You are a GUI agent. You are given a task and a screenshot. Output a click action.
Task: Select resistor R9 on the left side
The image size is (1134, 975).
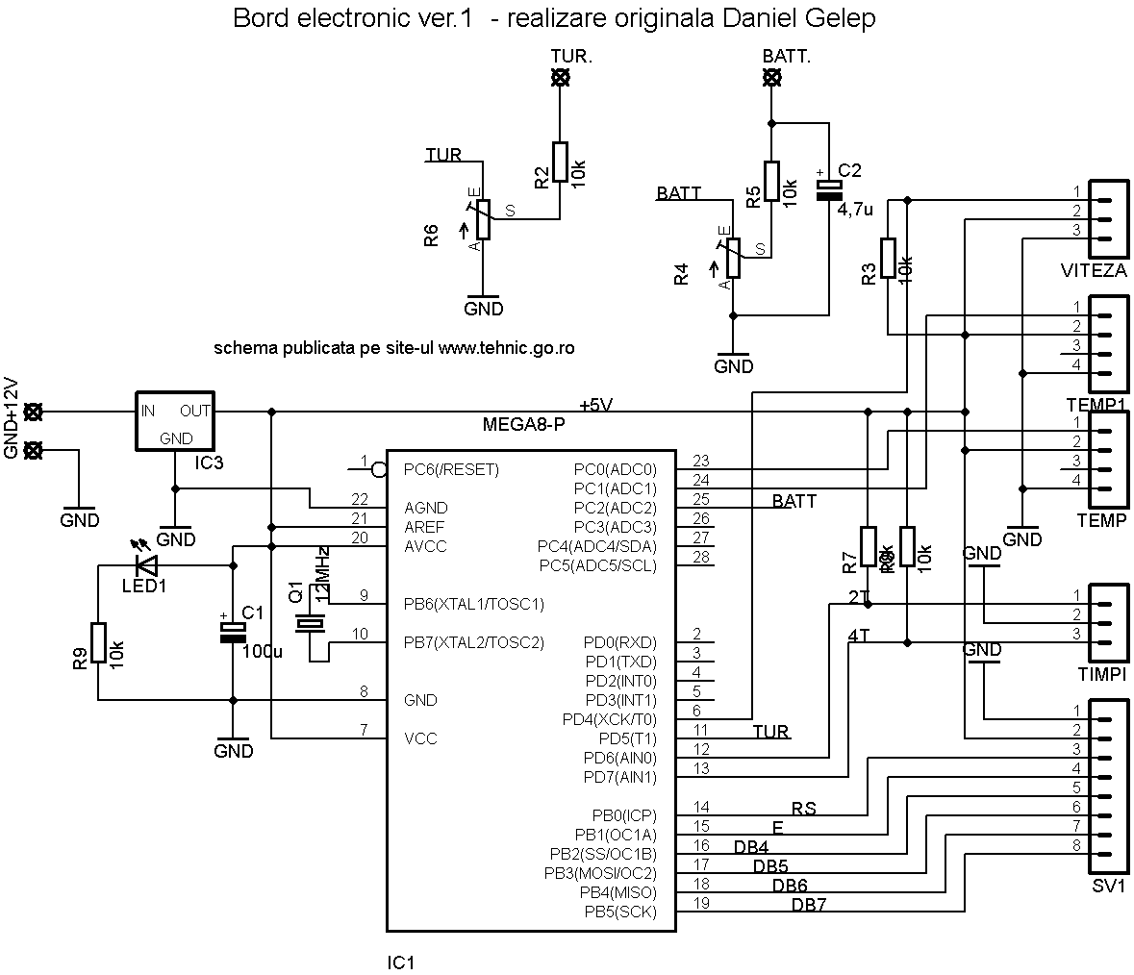coord(97,643)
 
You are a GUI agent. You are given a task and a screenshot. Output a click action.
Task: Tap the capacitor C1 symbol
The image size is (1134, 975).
coord(233,632)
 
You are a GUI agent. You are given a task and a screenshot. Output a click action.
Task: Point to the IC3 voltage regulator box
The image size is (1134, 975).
coord(175,420)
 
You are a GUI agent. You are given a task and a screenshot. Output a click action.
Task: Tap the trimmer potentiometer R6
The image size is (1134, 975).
coord(483,219)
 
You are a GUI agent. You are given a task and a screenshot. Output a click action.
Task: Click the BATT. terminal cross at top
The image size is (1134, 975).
coord(770,81)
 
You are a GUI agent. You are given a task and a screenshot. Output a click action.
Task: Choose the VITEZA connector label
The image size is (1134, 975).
coord(1093,271)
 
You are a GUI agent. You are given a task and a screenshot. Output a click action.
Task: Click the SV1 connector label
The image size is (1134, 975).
coord(1108,886)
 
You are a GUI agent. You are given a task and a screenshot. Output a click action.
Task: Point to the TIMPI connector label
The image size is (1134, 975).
coord(1102,674)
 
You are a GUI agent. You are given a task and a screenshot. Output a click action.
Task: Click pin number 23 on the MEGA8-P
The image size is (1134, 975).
coord(700,461)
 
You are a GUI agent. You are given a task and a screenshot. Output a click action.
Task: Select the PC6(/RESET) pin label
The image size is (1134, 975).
coord(451,470)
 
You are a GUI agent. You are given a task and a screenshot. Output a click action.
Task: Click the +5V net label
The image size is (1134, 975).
coord(596,404)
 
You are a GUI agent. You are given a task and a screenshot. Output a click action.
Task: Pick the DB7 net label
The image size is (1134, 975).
coord(809,905)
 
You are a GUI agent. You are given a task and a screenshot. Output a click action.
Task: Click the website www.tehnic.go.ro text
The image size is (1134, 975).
coord(507,348)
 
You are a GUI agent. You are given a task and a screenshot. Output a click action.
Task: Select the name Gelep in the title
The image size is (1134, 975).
coord(843,18)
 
